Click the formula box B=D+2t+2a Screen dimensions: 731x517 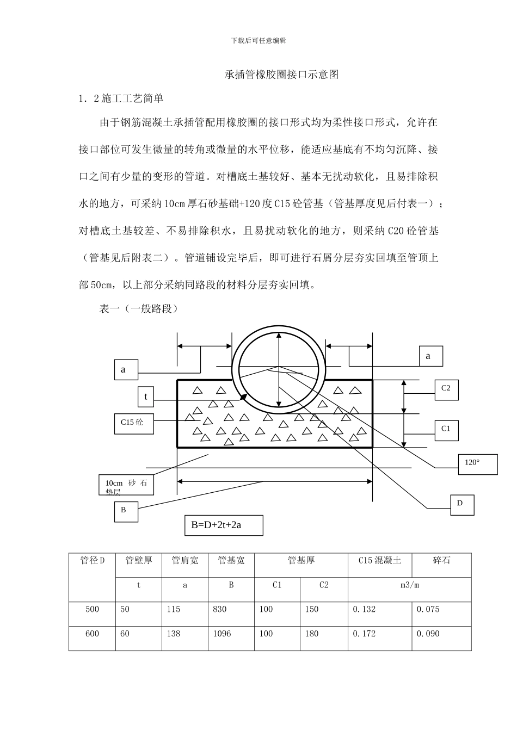pos(224,525)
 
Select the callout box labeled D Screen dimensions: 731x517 pos(462,505)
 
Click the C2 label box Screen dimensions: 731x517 pos(446,389)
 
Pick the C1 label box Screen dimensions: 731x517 pos(446,430)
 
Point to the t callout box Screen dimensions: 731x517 pos(146,397)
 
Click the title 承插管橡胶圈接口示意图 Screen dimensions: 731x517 pos(281,75)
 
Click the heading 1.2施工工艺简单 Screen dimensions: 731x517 pos(121,98)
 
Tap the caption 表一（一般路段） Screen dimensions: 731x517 pos(138,309)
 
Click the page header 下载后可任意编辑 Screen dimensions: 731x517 pos(258,40)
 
